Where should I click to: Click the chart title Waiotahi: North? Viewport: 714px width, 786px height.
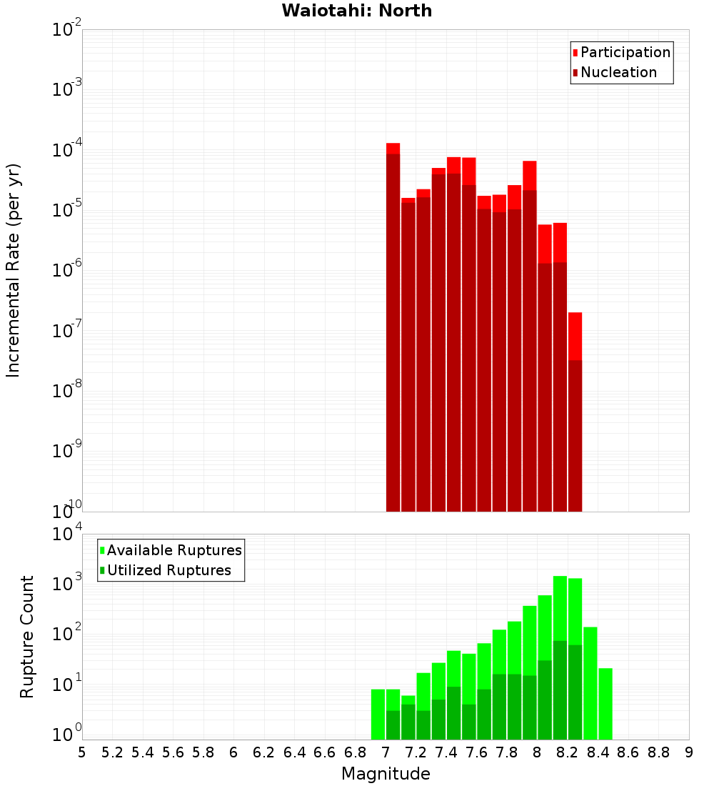356,11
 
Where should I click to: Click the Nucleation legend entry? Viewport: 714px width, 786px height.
618,72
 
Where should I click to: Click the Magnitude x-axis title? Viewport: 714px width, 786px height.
386,774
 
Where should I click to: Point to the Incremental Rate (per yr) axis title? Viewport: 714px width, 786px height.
14,270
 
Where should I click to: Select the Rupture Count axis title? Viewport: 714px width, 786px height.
27,636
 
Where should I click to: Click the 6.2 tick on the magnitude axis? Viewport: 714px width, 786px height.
264,752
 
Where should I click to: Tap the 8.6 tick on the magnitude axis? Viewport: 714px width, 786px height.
628,752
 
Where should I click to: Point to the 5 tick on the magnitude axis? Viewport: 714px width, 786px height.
82,752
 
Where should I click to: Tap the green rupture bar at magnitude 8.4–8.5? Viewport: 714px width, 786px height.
605,704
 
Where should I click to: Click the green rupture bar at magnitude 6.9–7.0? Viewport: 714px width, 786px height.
378,715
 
